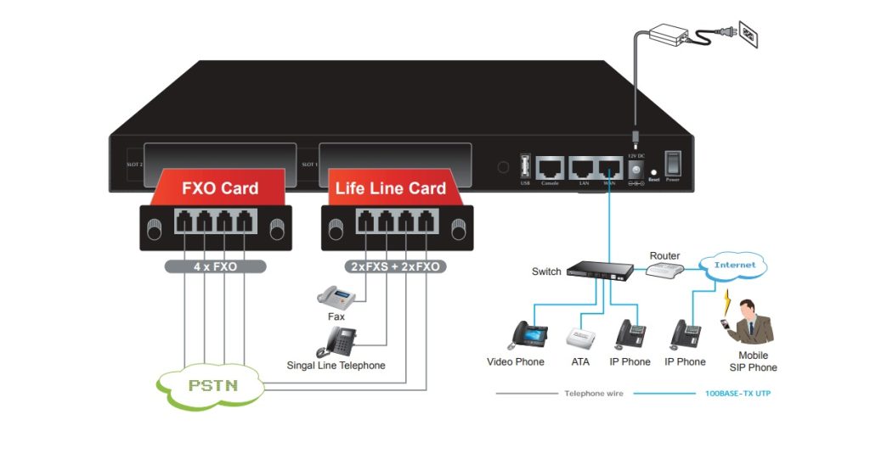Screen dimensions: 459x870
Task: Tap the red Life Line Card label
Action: [x=390, y=188]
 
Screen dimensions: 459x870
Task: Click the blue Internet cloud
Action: [x=734, y=266]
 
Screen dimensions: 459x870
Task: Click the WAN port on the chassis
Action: [x=609, y=167]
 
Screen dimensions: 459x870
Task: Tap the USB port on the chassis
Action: [x=525, y=165]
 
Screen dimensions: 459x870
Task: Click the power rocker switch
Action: [x=673, y=163]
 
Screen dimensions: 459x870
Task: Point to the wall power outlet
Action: [x=746, y=35]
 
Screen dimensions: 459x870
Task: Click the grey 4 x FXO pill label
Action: [x=215, y=266]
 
